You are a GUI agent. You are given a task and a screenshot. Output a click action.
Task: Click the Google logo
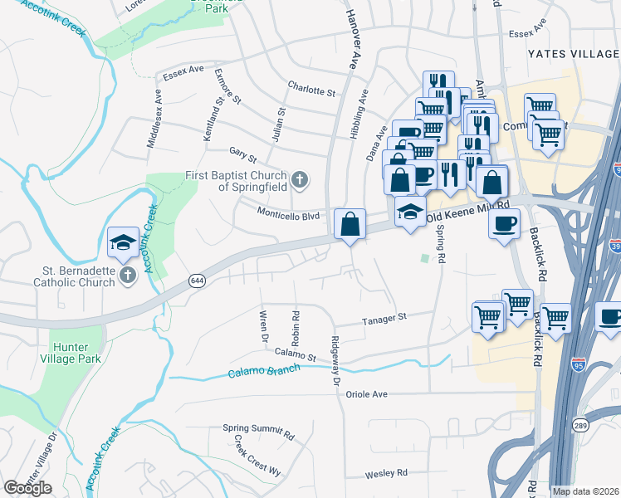tap(27, 487)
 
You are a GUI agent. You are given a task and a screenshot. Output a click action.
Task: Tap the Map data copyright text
tap(584, 491)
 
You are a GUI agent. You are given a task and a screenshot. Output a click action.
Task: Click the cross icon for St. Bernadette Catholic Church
tap(127, 275)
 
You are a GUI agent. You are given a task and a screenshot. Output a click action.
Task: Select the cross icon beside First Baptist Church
tap(300, 178)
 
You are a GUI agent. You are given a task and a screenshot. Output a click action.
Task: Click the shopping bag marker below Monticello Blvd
tap(350, 224)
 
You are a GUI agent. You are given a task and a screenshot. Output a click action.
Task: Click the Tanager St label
tap(384, 318)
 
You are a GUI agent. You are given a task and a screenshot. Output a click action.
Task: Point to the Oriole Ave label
tap(368, 394)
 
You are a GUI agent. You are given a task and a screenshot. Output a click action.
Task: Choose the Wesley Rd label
tap(386, 474)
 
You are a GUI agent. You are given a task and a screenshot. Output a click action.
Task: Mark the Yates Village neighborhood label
tap(572, 54)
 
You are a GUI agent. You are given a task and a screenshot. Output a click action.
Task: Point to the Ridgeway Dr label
tap(335, 359)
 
